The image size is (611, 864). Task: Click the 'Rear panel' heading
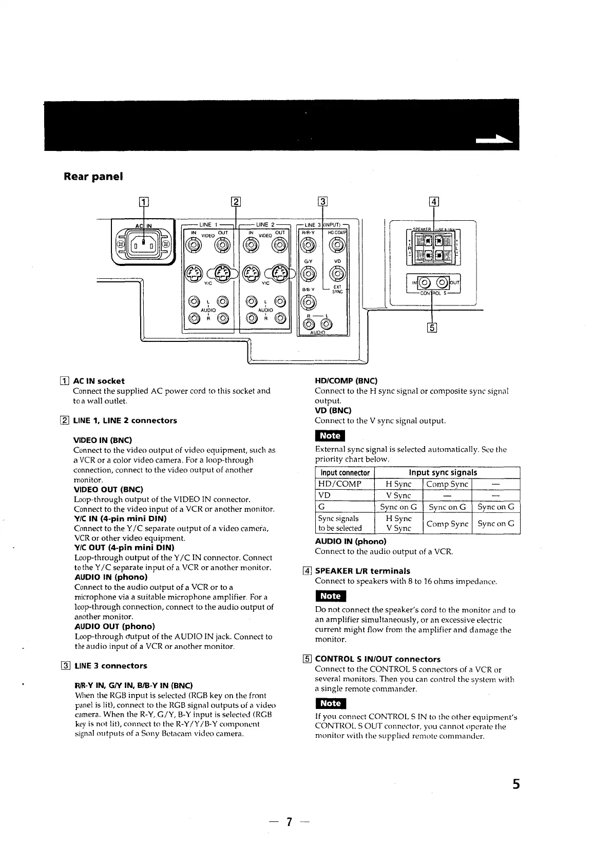[93, 177]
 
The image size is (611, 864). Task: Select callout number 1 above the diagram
[144, 202]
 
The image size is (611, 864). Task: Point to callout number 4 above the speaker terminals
[434, 202]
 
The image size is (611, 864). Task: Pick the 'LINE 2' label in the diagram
[265, 224]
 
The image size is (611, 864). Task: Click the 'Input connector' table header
[345, 472]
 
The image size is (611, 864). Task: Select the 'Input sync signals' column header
[443, 472]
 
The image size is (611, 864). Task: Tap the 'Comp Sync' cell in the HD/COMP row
[447, 484]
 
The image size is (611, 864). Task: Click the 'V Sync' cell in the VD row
[398, 495]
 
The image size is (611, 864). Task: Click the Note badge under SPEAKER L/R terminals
[330, 596]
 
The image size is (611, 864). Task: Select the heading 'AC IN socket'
[99, 381]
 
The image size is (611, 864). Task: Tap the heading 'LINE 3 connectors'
[110, 666]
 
